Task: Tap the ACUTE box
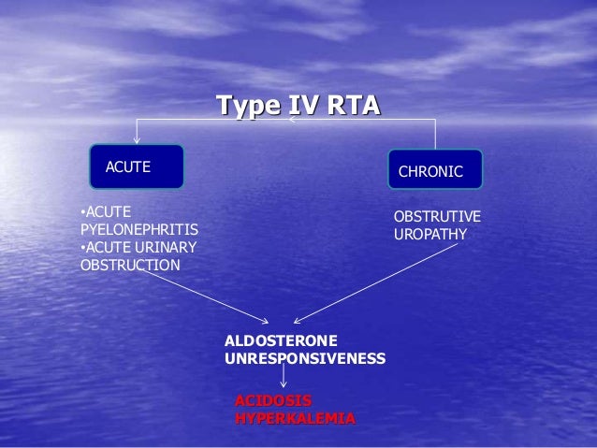[x=137, y=166]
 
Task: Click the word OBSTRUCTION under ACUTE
[x=129, y=265]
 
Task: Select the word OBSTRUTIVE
[x=437, y=217]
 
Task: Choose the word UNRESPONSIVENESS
[x=305, y=357]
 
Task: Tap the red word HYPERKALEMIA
[x=295, y=418]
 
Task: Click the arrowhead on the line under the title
[x=291, y=120]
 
